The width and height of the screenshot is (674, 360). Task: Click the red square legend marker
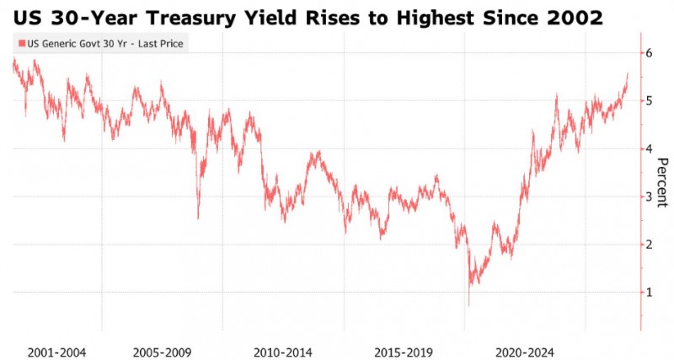(x=22, y=44)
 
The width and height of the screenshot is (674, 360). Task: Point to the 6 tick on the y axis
(x=649, y=53)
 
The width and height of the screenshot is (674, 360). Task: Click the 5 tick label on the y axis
(x=649, y=101)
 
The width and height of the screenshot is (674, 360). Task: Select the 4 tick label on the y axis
(x=649, y=149)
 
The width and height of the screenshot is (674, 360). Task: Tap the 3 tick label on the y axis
(x=649, y=196)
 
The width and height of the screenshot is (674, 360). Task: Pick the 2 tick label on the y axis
(x=649, y=244)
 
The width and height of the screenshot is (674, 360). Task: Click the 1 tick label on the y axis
(x=649, y=293)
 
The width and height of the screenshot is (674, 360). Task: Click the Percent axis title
(x=662, y=182)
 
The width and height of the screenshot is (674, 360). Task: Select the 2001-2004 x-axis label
(x=56, y=353)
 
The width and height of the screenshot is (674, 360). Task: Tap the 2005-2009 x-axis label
(x=162, y=353)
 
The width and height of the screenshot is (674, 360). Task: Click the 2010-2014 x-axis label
(x=283, y=353)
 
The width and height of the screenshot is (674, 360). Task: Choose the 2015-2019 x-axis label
(x=404, y=353)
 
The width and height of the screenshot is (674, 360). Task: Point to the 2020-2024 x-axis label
(x=524, y=353)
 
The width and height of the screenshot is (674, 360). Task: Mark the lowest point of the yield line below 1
(x=468, y=306)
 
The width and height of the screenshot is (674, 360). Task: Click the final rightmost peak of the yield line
(x=628, y=73)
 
